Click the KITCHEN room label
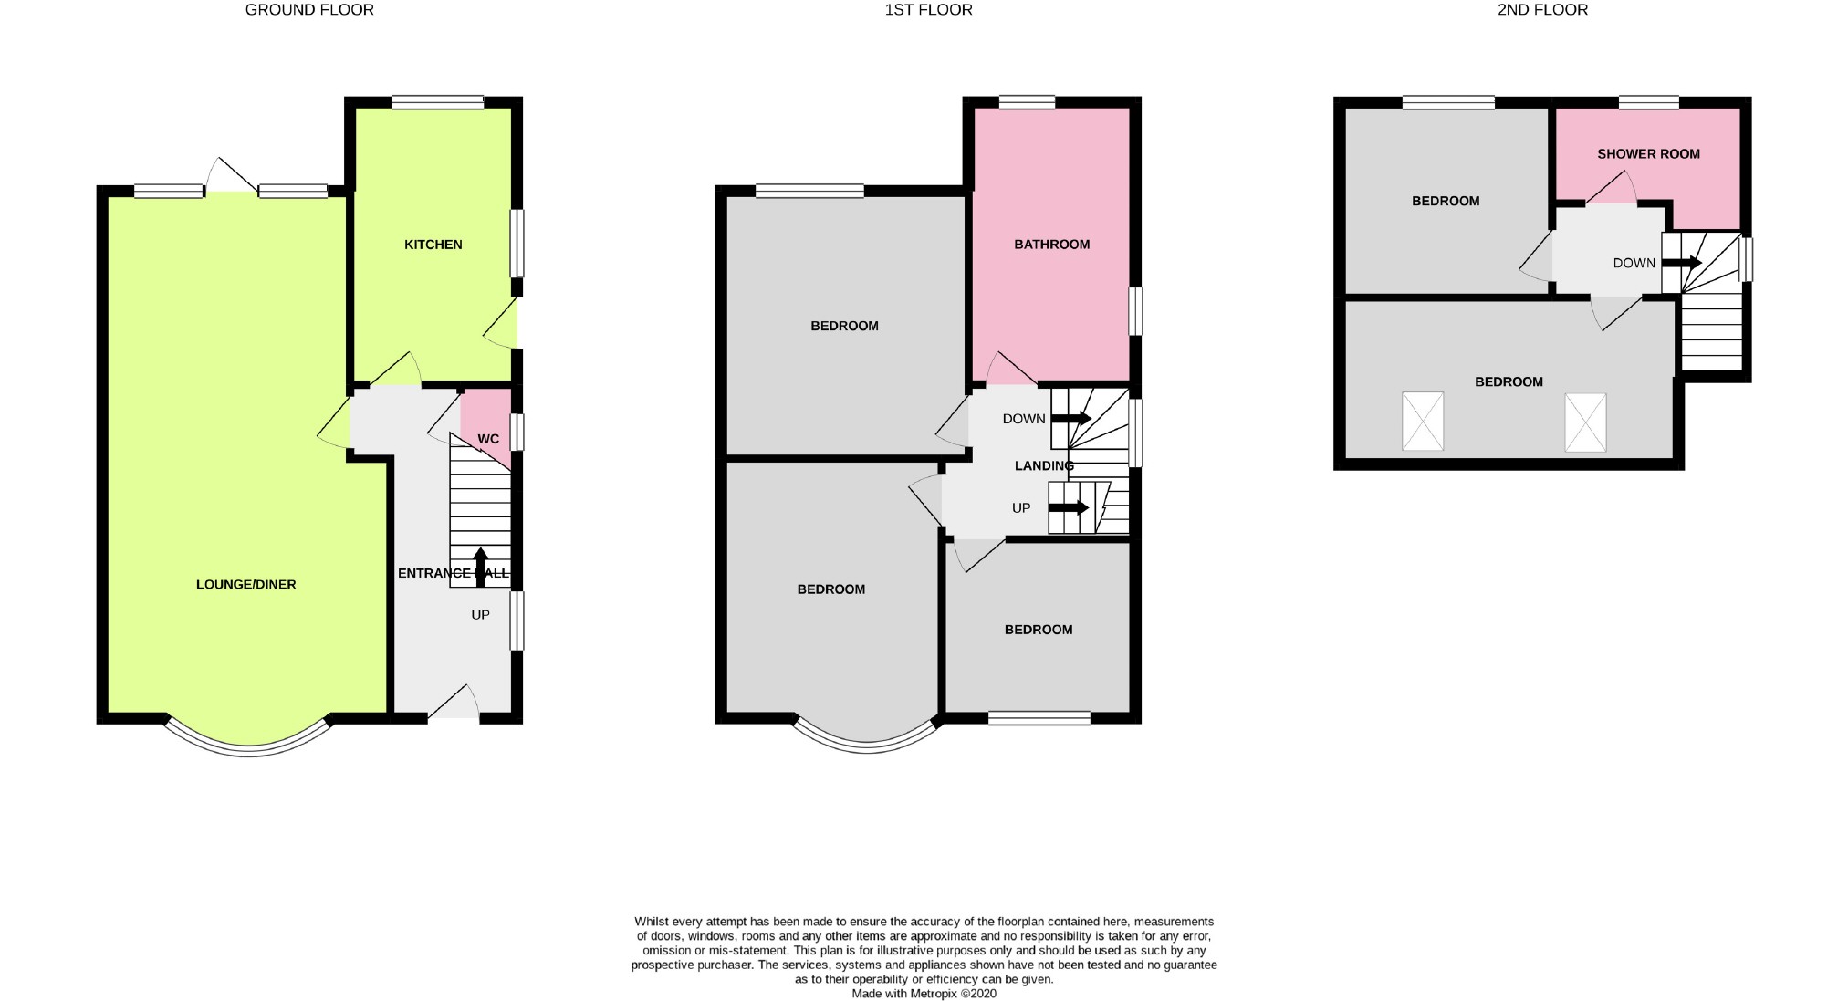(433, 245)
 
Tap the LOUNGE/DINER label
(245, 585)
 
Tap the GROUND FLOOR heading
(309, 10)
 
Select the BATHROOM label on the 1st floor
(1051, 245)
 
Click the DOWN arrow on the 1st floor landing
(1070, 418)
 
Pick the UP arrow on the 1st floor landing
(1069, 508)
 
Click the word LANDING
(1043, 465)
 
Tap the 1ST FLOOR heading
(928, 10)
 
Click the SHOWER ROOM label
(1648, 154)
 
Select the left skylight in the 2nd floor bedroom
(1423, 422)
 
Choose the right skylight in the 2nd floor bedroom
(1585, 422)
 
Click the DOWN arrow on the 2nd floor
(1681, 263)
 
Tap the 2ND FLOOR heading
(1542, 10)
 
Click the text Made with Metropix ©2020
(924, 994)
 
